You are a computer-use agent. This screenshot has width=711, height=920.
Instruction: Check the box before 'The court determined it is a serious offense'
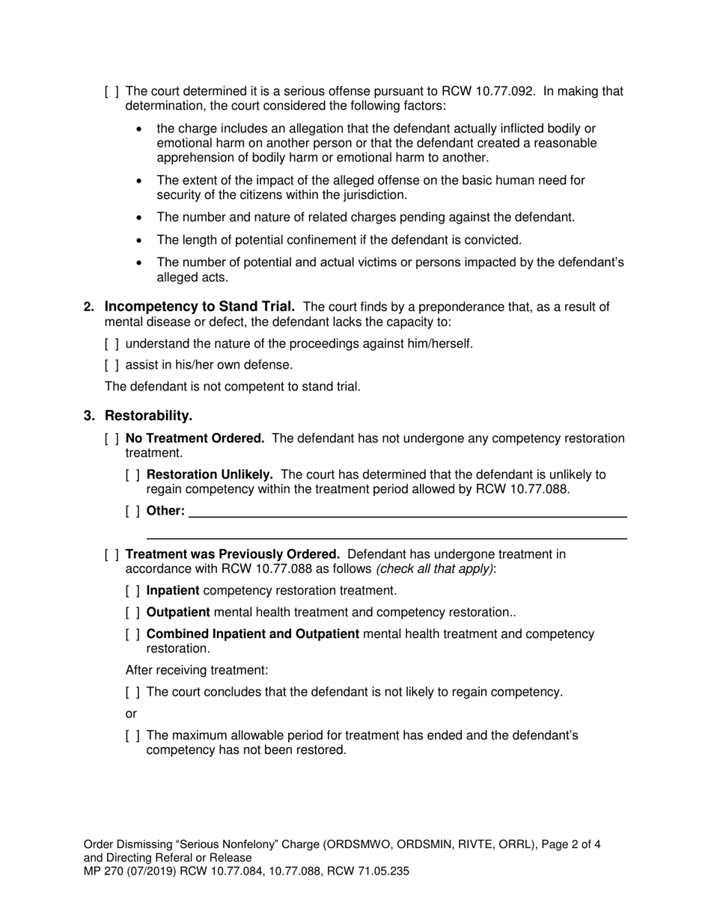(112, 92)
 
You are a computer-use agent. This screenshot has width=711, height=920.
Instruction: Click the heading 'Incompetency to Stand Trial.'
(199, 307)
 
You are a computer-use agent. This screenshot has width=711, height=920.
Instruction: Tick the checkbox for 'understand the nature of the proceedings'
(112, 344)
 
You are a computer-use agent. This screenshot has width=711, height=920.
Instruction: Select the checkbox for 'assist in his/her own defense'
(112, 365)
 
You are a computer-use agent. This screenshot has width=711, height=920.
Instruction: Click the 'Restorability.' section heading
(148, 416)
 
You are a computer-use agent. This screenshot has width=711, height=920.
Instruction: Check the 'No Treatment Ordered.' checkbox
(112, 439)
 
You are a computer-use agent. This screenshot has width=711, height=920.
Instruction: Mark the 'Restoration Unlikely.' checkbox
(132, 475)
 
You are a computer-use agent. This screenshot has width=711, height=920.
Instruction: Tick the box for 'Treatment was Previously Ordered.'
(112, 555)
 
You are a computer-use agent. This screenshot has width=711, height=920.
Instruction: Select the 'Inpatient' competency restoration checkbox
(132, 591)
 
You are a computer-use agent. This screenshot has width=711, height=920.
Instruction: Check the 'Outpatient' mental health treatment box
(132, 613)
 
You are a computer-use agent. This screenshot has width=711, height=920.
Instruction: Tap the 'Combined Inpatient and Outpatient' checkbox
(132, 634)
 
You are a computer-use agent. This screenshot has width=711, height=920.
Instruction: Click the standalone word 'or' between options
(131, 714)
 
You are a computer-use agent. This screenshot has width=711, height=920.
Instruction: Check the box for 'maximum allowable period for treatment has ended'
(132, 736)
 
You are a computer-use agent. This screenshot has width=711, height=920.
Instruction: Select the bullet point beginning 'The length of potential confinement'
(338, 240)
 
